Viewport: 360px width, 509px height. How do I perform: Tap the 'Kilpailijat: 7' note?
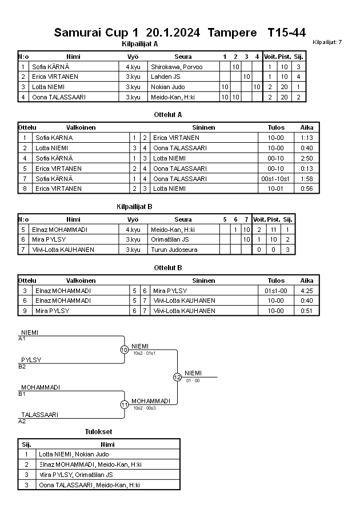327,42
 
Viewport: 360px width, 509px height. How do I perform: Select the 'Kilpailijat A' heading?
140,43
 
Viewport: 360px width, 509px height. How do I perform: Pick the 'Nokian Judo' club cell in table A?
168,87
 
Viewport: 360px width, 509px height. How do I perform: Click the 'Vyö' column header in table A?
133,57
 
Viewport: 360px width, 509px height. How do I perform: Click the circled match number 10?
124,350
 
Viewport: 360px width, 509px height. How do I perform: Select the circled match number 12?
177,377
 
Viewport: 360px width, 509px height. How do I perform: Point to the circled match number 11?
124,404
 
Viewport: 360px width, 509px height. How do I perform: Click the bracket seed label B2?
22,366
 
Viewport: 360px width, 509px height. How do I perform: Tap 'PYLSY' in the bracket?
31,360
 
